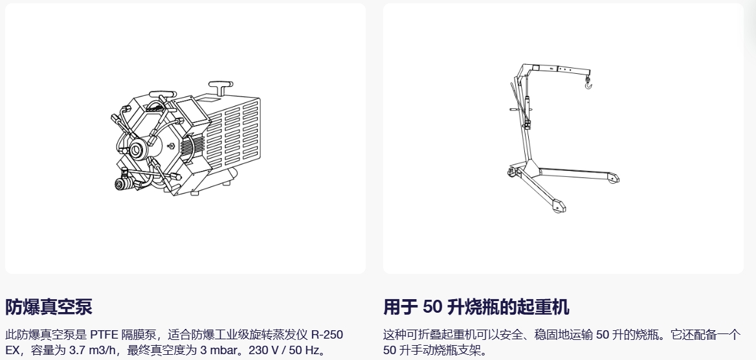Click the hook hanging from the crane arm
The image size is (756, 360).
(x=588, y=84)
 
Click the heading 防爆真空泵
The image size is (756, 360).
(x=49, y=306)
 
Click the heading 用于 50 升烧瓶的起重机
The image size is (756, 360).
(x=476, y=306)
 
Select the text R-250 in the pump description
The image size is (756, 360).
(x=327, y=335)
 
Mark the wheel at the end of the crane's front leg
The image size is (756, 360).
(x=557, y=208)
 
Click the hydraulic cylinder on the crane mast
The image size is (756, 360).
(x=528, y=107)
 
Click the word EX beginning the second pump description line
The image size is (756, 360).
(x=13, y=350)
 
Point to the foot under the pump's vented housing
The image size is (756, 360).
(x=226, y=183)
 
